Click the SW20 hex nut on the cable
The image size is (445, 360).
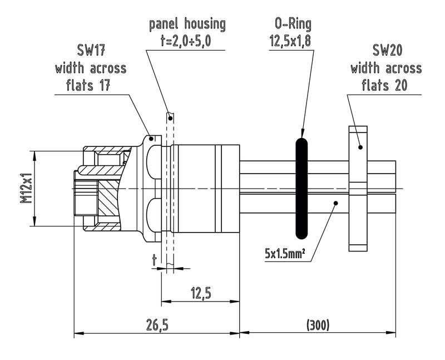coord(358,189)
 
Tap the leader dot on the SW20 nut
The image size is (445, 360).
coord(360,147)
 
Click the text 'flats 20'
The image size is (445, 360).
coord(385,85)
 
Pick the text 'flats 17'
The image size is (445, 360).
coord(90,85)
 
